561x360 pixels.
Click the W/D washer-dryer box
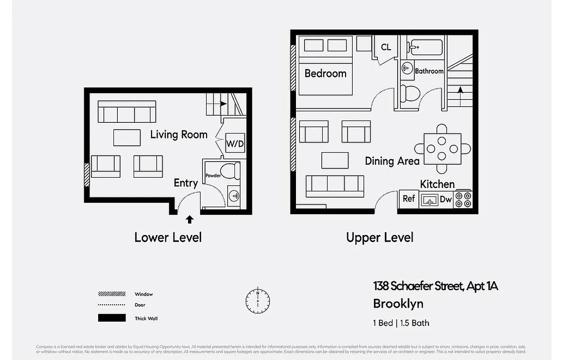pos(235,144)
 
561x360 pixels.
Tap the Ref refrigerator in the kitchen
pos(408,198)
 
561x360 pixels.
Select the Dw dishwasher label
pos(445,199)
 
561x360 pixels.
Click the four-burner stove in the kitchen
pos(463,199)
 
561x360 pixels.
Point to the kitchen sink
pos(429,200)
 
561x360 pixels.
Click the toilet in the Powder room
pos(231,171)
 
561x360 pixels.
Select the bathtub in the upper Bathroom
pos(425,47)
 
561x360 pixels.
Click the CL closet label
pos(386,47)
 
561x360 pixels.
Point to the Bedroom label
pos(325,73)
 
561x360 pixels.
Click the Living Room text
pos(179,135)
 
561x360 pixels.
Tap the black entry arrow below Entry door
pos(189,220)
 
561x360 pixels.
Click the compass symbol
pos(258,300)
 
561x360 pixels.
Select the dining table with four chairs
pos(442,149)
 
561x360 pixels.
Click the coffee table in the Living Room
pos(127,138)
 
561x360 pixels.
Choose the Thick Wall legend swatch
pos(112,318)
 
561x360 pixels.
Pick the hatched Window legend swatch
pos(112,294)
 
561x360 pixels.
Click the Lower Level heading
pos(168,237)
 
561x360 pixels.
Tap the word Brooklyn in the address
pos(398,304)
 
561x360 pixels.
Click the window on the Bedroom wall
pos(293,67)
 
